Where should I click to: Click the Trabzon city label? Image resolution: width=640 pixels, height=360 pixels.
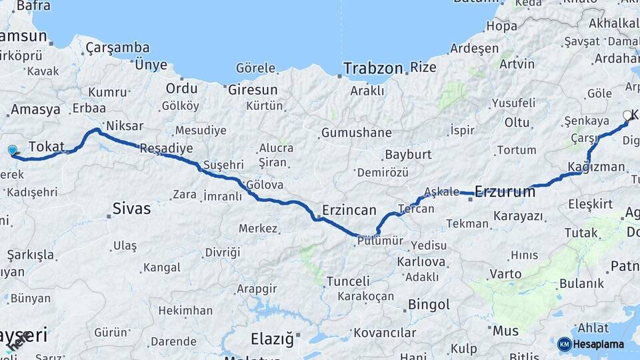tap(373, 68)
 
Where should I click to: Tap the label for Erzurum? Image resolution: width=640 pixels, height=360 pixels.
tap(505, 192)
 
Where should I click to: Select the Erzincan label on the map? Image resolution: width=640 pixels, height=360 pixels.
tap(349, 210)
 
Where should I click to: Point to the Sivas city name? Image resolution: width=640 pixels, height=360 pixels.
tap(131, 209)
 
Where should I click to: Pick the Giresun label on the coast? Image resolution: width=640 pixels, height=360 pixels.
tap(253, 89)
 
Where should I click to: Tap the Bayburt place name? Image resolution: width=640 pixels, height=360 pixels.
tap(408, 155)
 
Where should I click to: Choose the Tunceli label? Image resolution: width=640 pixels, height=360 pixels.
tap(347, 281)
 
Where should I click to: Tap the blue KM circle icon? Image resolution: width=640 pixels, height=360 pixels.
tap(564, 344)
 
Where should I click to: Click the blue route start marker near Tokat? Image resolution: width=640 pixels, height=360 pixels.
tap(12, 150)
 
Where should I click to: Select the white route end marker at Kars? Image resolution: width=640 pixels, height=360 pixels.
tap(627, 115)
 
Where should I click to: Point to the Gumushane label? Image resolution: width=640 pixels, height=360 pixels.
tap(356, 133)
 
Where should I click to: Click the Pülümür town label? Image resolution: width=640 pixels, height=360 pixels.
tap(380, 241)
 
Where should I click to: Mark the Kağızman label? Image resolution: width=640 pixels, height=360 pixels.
tap(597, 167)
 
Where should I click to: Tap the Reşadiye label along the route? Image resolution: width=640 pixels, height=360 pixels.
tap(166, 148)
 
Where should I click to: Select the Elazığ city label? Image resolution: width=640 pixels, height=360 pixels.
tap(271, 339)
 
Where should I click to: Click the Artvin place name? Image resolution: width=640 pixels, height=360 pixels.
tap(517, 64)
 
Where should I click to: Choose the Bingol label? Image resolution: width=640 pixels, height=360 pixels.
tap(429, 305)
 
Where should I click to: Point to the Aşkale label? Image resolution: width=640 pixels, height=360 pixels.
tap(441, 191)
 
